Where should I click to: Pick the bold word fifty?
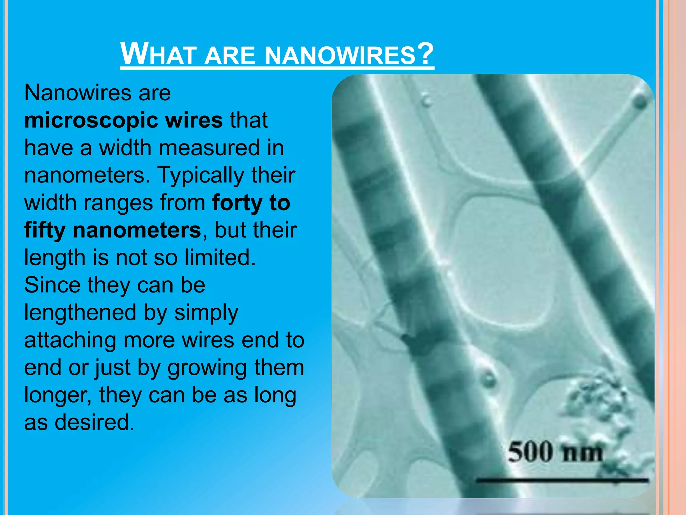pos(45,231)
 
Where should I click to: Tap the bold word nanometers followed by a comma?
pos(137,231)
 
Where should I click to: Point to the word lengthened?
pos(80,312)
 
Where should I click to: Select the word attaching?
pos(71,340)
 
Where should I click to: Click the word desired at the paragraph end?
pos(92,422)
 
